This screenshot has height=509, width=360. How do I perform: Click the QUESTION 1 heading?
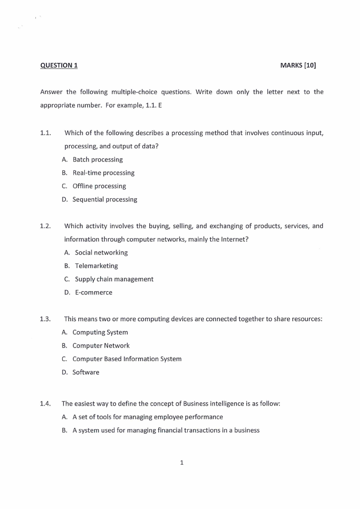[x=59, y=65]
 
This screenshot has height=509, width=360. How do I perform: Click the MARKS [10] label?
[x=298, y=65]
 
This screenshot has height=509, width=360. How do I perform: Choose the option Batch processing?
[x=97, y=160]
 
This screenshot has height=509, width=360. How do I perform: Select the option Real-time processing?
[x=103, y=173]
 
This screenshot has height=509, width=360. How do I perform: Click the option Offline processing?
[x=99, y=186]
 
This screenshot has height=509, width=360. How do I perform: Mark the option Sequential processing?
[x=105, y=200]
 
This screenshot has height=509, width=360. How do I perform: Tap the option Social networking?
[x=101, y=253]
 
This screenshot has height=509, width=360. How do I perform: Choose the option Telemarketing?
[x=96, y=266]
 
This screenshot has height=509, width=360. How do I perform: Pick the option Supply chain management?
[x=114, y=279]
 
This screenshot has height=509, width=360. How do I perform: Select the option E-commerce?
[x=93, y=293]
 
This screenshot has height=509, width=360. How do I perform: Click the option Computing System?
[x=100, y=333]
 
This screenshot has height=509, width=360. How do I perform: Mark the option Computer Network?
[x=101, y=346]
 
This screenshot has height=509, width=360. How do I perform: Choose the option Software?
[x=86, y=372]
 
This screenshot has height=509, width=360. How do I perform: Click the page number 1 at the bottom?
[x=182, y=463]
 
